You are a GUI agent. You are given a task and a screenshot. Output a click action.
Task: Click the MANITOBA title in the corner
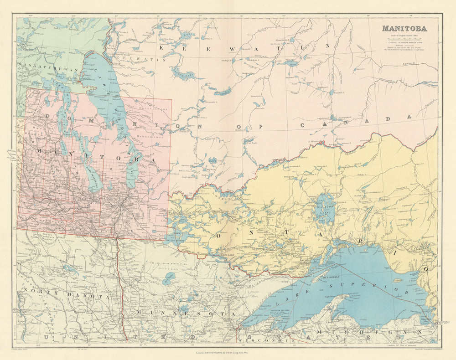click(404, 28)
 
